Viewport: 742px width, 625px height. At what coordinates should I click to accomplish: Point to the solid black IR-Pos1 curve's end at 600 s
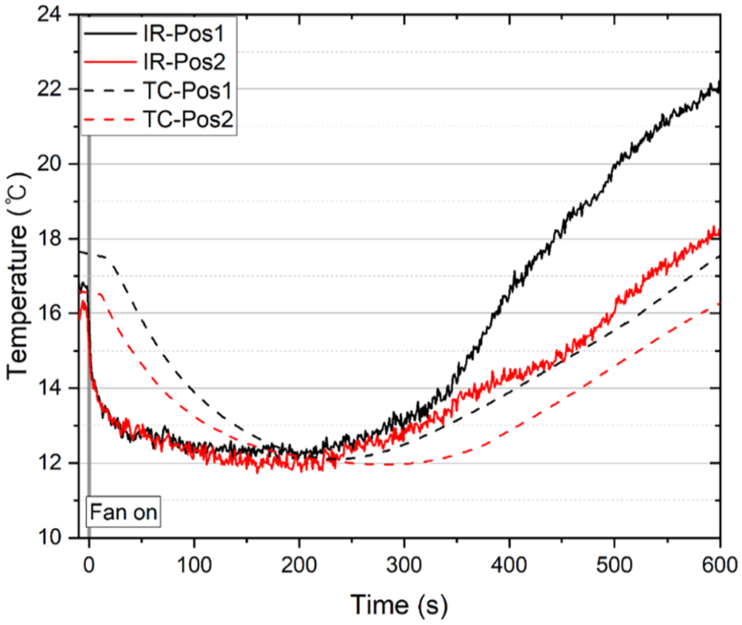point(719,87)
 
